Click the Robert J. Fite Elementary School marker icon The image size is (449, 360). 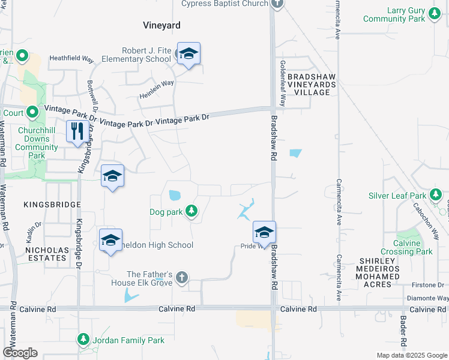coord(188,55)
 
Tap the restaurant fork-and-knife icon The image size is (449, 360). coord(77,131)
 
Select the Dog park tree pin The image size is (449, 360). coord(191,211)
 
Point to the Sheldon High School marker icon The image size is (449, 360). coord(110,240)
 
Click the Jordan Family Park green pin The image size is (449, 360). coord(83,340)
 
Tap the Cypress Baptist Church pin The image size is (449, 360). coord(276,4)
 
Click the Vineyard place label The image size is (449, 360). coord(161,25)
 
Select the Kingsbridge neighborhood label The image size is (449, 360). coord(52,205)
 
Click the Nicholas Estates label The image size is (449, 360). coord(46,253)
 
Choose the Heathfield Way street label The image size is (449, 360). coord(71,59)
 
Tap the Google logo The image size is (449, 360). coord(20,353)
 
